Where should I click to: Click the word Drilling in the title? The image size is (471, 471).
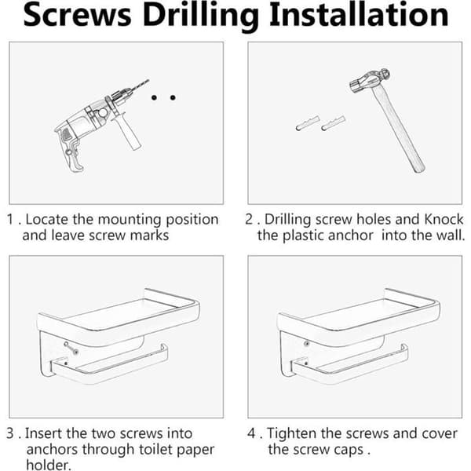pos(201,16)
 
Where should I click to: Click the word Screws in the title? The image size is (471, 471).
pos(78,15)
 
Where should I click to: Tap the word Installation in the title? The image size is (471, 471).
pos(359,14)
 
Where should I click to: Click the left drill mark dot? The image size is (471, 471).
pos(154,97)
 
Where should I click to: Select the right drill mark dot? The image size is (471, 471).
pos(173,97)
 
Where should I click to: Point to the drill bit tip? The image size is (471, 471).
pos(148,80)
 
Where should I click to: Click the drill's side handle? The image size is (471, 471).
pos(127,132)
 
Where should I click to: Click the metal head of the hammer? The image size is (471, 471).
pos(370,80)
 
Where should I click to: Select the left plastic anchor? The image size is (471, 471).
pos(308,123)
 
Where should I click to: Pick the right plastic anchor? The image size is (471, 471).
pos(333,123)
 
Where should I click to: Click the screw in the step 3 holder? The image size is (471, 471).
pos(71,348)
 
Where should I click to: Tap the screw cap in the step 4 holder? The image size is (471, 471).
pos(306,343)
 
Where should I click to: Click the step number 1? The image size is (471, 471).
pos(10,219)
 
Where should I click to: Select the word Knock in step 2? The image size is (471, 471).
pos(444,219)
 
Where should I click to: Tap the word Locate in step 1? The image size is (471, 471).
pos(47,219)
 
